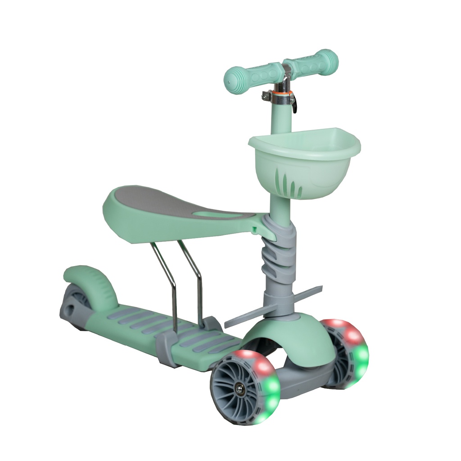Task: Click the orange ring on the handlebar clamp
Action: pos(285,94)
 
